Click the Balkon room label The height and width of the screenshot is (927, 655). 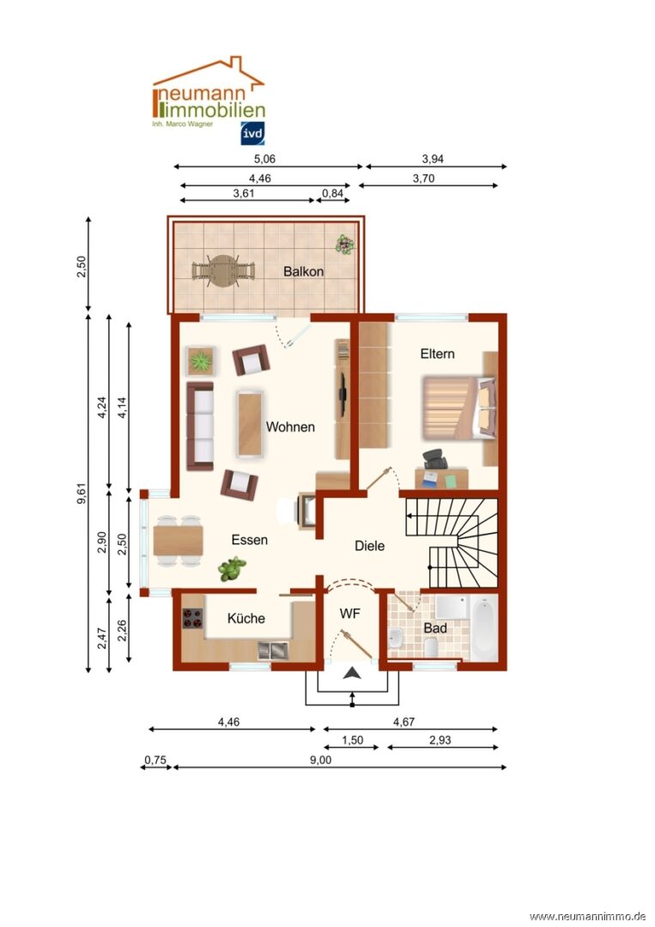303,271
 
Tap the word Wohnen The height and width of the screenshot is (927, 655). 290,427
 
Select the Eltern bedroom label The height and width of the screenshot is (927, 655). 438,354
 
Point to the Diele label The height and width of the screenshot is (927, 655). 369,546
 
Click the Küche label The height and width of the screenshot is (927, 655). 246,618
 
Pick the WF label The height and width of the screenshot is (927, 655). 350,614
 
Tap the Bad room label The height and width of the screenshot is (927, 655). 435,627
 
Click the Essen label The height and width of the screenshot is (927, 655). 250,540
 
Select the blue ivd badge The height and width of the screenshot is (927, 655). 252,134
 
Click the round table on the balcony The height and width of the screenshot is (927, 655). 223,271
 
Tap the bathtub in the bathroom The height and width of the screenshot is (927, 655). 484,627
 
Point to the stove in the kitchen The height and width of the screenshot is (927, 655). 192,619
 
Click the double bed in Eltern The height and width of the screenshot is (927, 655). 459,409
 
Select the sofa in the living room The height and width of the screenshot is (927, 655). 200,427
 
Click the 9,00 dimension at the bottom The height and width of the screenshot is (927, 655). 320,760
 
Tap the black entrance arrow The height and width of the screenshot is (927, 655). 352,673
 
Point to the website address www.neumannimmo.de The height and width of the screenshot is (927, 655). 587,917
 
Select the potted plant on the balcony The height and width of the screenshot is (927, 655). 344,244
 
